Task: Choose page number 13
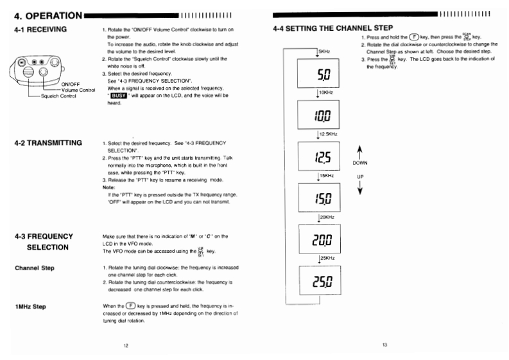(384, 345)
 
